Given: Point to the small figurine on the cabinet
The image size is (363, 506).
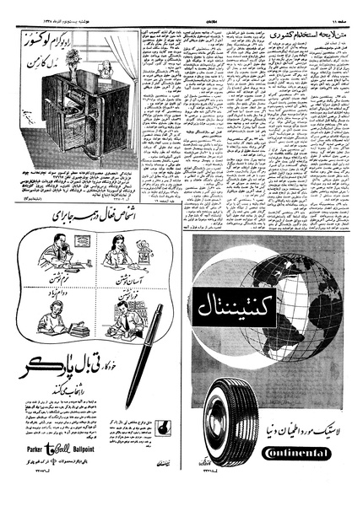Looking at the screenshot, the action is pos(107,70).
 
